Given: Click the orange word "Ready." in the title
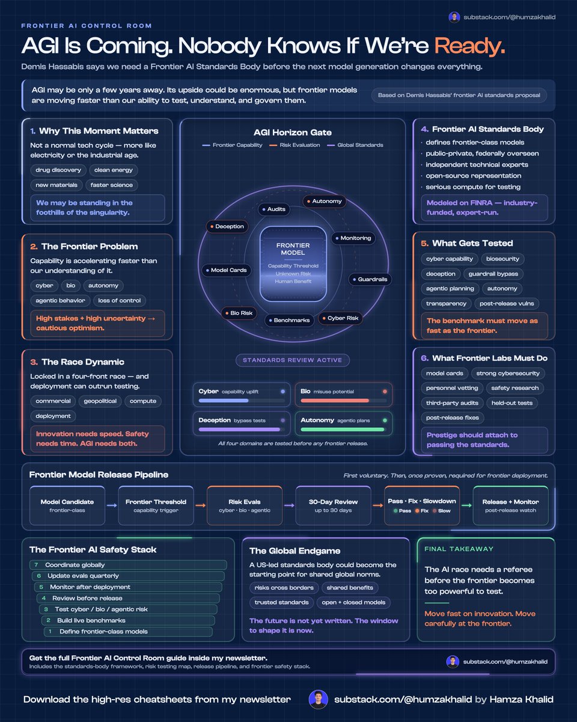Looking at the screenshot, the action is (469, 45).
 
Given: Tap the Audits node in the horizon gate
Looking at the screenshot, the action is (274, 209).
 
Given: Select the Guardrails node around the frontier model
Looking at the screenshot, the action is (370, 279).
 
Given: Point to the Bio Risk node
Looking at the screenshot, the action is (239, 313).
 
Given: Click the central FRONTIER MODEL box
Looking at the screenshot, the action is (293, 264).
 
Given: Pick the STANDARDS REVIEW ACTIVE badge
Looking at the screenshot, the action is (292, 360).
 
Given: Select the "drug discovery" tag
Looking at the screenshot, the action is (58, 170).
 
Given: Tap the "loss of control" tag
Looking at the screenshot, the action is (120, 301).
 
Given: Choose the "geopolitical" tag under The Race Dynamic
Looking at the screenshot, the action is (100, 401).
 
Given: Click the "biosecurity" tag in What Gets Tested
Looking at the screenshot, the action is (502, 259).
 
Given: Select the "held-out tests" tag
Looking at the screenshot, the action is (512, 403).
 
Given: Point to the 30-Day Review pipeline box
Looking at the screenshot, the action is (333, 505).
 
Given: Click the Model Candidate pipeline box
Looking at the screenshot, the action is (67, 505).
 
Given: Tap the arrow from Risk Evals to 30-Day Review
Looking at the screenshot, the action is (289, 505).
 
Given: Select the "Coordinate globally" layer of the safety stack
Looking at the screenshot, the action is (128, 565).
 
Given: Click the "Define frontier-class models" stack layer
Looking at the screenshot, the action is (128, 631).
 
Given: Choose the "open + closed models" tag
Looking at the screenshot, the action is (353, 602).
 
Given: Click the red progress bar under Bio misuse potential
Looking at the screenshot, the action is (335, 401).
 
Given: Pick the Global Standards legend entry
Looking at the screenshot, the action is (355, 145).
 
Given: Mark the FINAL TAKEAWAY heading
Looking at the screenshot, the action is (459, 549).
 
